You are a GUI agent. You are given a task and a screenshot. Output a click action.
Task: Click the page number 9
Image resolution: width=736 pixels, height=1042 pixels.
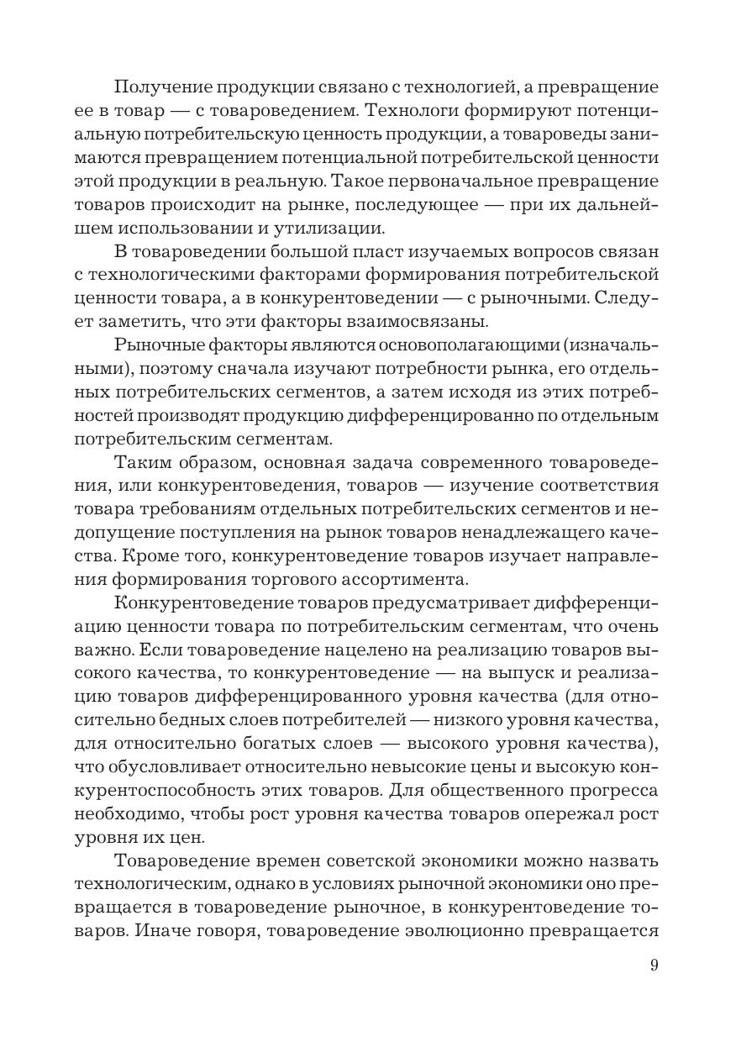[654, 965]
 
